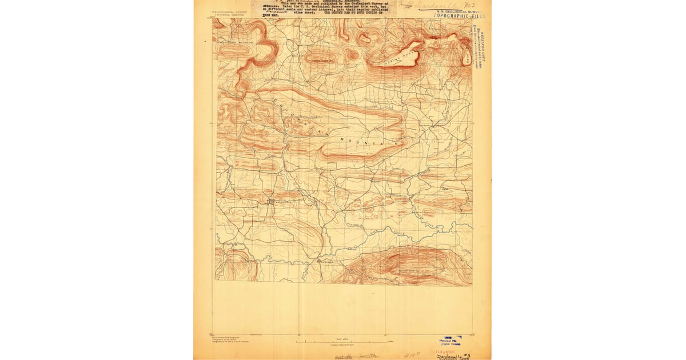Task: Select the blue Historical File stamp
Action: point(451,340)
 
